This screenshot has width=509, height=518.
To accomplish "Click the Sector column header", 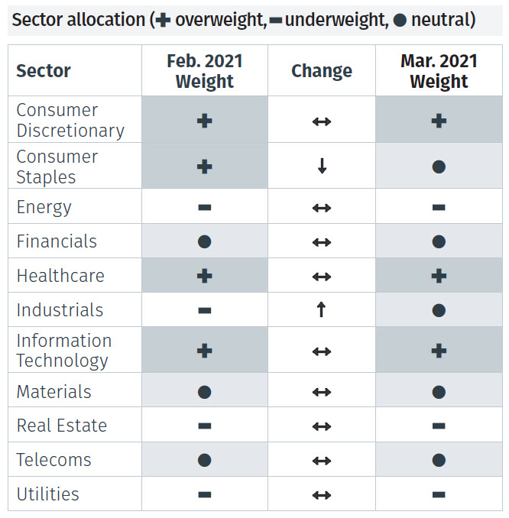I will pos(44,71).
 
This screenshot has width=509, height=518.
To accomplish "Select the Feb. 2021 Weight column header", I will pos(204,71).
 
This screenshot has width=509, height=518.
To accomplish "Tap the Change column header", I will pos(321,71).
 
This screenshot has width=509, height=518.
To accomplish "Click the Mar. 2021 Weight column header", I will pos(439,71).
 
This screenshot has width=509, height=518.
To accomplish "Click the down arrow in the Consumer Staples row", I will pos(322,167).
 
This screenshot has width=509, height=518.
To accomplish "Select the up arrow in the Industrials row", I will pos(322,310).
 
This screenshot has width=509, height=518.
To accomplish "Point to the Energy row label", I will pos(44,207).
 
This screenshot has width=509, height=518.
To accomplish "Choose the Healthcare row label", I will pos(60,276).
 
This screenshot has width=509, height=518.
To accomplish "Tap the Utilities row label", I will pos(48,494).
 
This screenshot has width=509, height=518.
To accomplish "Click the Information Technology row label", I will pos(64,351).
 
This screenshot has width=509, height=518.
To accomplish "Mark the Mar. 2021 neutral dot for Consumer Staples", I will pos(439,167).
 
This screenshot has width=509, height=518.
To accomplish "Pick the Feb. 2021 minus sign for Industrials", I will pos(204,311).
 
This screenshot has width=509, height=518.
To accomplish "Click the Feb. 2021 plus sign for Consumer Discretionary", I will pos(204,121).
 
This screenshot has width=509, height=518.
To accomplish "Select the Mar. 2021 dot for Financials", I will pos(439,242).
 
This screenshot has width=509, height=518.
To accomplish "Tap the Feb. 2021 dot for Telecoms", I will pos(204,461).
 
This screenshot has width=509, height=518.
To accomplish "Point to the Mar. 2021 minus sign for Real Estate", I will pos(439,426).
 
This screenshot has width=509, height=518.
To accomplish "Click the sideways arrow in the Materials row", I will pos(322,392).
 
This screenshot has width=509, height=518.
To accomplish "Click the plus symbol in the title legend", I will pos(163,21).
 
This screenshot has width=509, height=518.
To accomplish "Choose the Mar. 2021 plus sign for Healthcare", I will pos(439,276).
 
